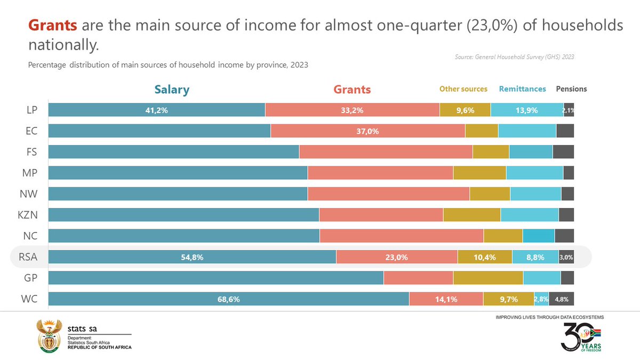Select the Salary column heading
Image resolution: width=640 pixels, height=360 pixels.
(x=172, y=89)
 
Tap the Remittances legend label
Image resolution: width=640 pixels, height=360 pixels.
(x=522, y=89)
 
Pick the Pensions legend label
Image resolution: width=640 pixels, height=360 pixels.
(x=571, y=89)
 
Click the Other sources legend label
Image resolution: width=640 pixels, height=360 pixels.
(x=463, y=89)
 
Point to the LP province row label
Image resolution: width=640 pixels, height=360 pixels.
(x=31, y=110)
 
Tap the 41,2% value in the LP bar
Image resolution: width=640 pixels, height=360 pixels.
(x=157, y=110)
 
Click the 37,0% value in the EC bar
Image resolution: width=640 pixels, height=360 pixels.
(x=367, y=131)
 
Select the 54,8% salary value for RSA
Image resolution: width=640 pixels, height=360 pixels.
(x=192, y=257)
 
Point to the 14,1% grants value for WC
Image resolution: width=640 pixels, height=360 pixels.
(x=446, y=299)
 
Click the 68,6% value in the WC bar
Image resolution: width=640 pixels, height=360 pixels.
(x=228, y=299)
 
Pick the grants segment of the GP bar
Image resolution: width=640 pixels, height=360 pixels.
(x=418, y=278)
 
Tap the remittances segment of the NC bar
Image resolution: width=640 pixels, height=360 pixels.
(x=539, y=236)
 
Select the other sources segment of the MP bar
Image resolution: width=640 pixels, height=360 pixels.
(x=479, y=173)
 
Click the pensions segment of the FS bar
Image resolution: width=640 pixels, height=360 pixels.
(x=563, y=152)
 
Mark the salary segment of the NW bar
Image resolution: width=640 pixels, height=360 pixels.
(x=178, y=194)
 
